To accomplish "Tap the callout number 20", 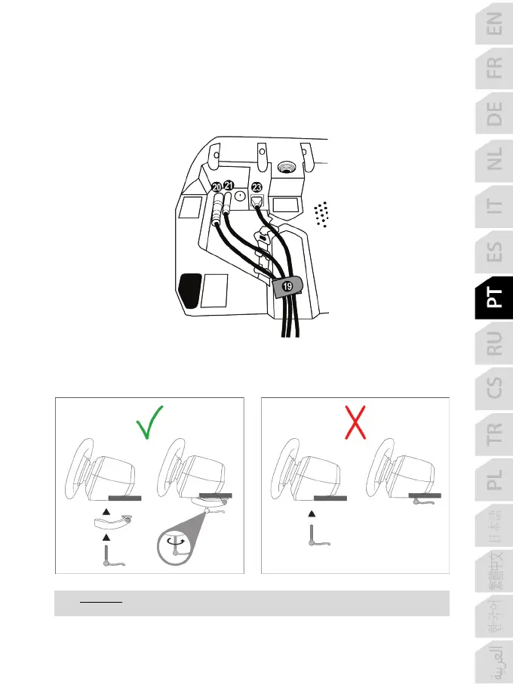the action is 217,187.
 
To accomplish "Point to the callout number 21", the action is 229,186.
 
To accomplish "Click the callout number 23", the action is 256,187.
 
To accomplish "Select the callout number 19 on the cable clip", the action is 287,287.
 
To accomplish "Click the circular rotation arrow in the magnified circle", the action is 175,542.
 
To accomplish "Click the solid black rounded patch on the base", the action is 189,289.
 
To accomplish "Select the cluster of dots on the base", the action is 322,214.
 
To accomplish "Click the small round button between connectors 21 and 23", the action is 240,196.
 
